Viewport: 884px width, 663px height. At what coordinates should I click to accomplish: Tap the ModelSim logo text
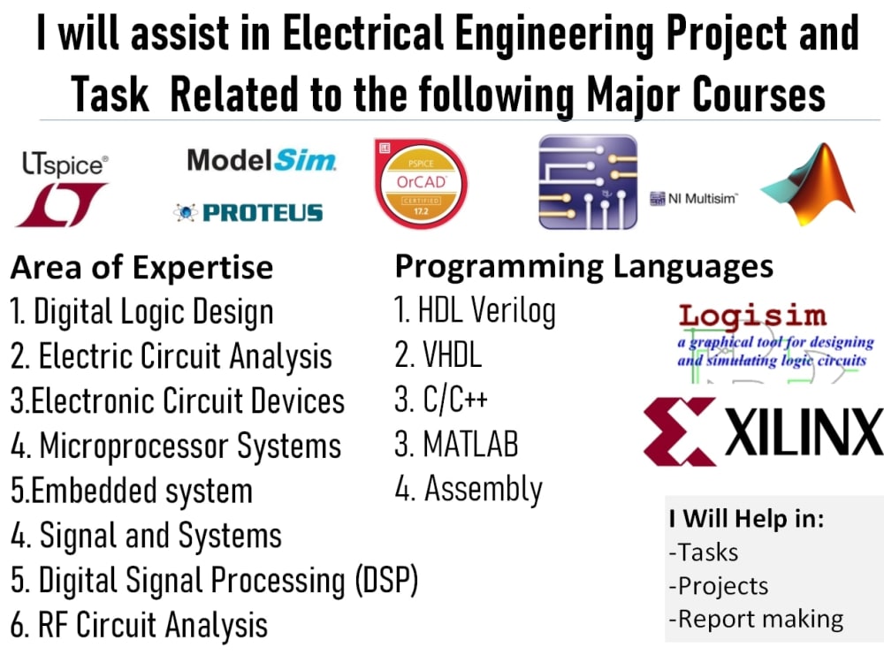[261, 161]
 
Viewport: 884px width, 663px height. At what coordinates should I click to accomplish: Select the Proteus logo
[248, 212]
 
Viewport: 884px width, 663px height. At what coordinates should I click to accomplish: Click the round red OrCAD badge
[420, 183]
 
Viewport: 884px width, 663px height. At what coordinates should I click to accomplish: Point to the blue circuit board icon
[588, 181]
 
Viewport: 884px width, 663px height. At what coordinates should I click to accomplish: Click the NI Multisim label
[693, 198]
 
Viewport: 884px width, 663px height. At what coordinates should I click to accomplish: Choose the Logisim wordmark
[752, 316]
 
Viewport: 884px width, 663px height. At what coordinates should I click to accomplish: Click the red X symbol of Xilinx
[679, 431]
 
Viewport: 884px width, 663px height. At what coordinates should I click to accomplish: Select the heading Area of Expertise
[141, 267]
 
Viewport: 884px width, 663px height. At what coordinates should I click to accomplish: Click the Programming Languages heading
[583, 266]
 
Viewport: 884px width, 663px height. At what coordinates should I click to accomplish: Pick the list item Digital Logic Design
[141, 311]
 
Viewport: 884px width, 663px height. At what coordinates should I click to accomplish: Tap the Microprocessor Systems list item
[176, 446]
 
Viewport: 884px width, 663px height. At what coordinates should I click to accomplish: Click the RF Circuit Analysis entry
[139, 625]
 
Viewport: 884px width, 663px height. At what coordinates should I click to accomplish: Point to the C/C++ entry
[441, 400]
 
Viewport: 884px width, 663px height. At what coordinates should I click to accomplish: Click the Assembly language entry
[469, 489]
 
